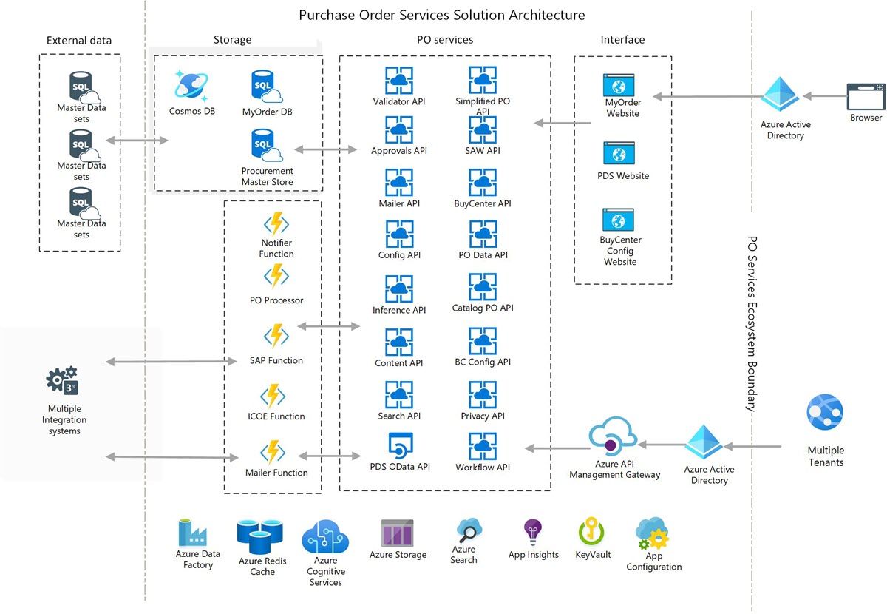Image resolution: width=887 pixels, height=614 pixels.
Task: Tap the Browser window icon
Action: click(x=866, y=97)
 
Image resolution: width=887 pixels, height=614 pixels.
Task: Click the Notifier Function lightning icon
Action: click(x=276, y=224)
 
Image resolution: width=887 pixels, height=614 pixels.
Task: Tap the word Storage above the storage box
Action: click(x=232, y=40)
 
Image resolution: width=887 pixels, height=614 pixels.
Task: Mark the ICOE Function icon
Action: click(x=276, y=396)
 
